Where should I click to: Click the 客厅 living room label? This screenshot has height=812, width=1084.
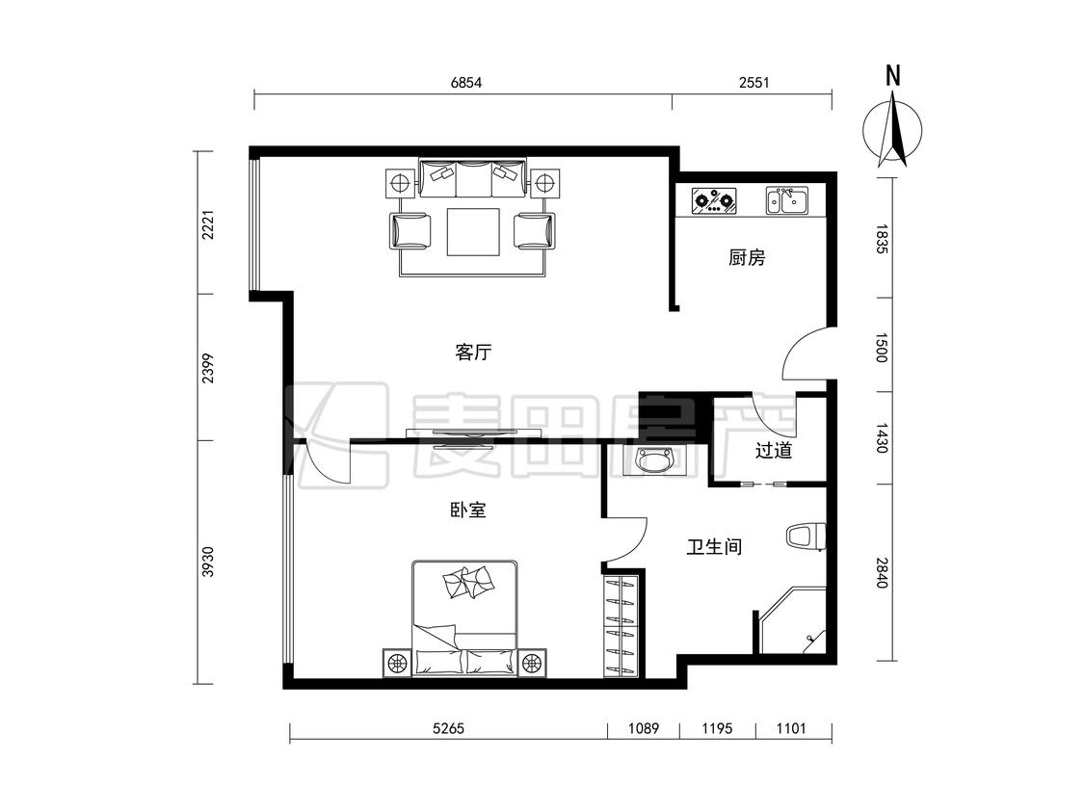pyautogui.click(x=473, y=353)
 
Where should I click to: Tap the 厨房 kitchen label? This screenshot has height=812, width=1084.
pyautogui.click(x=748, y=258)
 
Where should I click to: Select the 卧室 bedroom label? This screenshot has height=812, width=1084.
pyautogui.click(x=468, y=510)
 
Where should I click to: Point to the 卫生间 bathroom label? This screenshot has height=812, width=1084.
pyautogui.click(x=714, y=547)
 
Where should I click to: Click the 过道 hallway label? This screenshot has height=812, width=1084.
pyautogui.click(x=773, y=451)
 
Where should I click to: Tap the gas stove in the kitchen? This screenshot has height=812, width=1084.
pyautogui.click(x=714, y=201)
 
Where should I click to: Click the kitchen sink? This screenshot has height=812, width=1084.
pyautogui.click(x=786, y=200)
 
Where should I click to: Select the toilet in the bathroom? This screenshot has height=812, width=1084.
pyautogui.click(x=806, y=537)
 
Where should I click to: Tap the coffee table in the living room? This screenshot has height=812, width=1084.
pyautogui.click(x=473, y=231)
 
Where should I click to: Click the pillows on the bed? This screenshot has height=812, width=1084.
pyautogui.click(x=469, y=582)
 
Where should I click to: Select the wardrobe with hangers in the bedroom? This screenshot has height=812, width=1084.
pyautogui.click(x=621, y=625)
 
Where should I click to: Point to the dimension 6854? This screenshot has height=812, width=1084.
pyautogui.click(x=466, y=83)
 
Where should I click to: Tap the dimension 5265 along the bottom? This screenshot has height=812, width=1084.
pyautogui.click(x=448, y=727)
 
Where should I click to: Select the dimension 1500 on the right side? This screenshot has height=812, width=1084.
pyautogui.click(x=881, y=347)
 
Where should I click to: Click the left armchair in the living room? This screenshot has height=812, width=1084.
pyautogui.click(x=410, y=231)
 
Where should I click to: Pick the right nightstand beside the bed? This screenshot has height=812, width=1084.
pyautogui.click(x=532, y=664)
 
